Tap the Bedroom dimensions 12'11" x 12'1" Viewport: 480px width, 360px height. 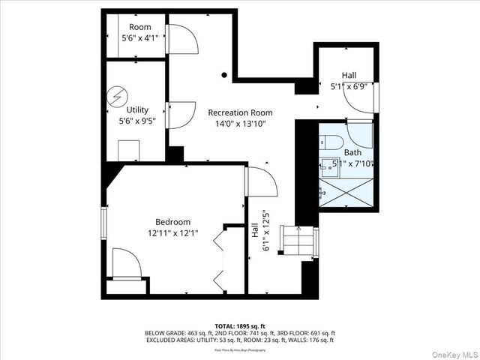[x=172, y=233]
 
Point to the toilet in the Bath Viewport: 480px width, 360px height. [x=331, y=142]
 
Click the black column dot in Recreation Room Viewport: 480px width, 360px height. [x=223, y=75]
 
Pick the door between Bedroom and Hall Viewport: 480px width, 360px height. [x=262, y=181]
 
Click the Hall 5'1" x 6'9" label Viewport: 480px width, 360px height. [x=349, y=81]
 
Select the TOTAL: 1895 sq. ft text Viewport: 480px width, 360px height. [x=240, y=326]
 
